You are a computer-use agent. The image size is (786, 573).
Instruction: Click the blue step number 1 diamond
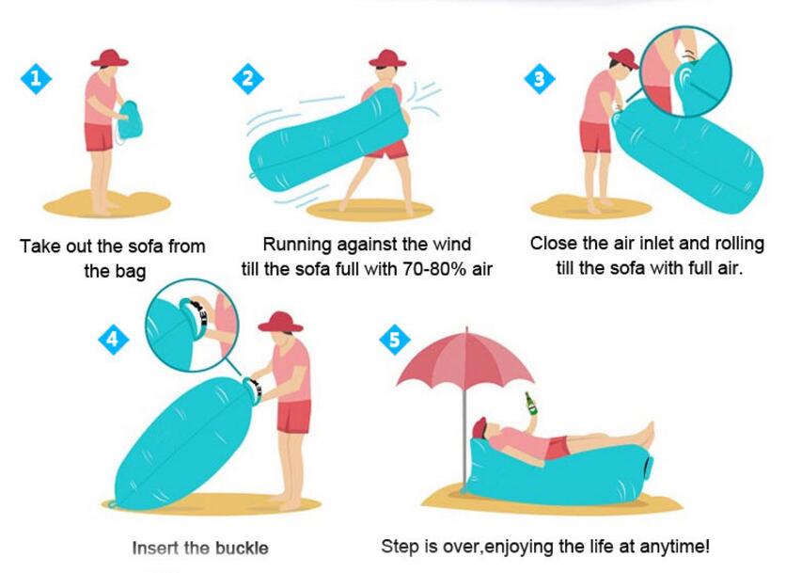pos(36,78)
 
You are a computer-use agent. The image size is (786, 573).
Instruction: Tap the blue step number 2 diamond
pos(248,78)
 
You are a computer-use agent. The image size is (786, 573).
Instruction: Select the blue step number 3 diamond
pos(540,78)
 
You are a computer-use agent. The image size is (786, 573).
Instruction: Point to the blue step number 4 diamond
pos(113,339)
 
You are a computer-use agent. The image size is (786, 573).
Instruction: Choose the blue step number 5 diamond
pos(395,339)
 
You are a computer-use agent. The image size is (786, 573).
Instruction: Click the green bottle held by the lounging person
pos(530,404)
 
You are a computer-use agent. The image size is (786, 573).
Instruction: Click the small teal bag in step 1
pos(131,121)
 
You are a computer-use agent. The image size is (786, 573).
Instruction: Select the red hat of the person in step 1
pos(109,57)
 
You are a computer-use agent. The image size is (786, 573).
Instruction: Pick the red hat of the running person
pos(387,57)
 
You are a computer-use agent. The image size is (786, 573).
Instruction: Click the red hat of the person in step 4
pos(280,322)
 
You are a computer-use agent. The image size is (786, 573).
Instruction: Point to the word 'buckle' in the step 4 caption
pos(242,548)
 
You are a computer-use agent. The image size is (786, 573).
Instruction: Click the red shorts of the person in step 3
pos(596,136)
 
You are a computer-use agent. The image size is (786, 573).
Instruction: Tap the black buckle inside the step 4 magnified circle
pos(200,313)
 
